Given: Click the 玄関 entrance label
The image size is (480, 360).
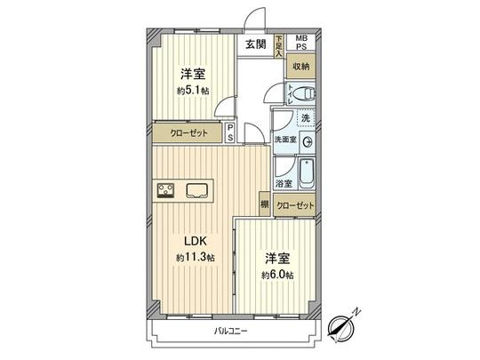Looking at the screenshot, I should pyautogui.click(x=256, y=44).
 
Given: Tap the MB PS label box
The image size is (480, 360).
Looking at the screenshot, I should pyautogui.click(x=301, y=43).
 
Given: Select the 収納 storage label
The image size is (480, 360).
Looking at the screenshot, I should pyautogui.click(x=300, y=67).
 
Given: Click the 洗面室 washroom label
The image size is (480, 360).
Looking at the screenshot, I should pyautogui.click(x=284, y=140).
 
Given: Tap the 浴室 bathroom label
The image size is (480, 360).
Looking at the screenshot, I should pyautogui.click(x=284, y=184).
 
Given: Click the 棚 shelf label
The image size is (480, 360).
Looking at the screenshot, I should pyautogui.click(x=265, y=205).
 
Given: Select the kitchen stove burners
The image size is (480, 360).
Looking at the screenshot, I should pyautogui.click(x=166, y=188).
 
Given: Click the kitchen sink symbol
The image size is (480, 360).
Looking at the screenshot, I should pyautogui.click(x=196, y=188).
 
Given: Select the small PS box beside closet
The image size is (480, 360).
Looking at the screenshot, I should pyautogui.click(x=230, y=132).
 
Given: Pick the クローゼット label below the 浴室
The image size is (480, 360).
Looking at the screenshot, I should pyautogui.click(x=295, y=205).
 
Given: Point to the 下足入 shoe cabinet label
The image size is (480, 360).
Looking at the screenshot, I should pyautogui.click(x=278, y=45).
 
